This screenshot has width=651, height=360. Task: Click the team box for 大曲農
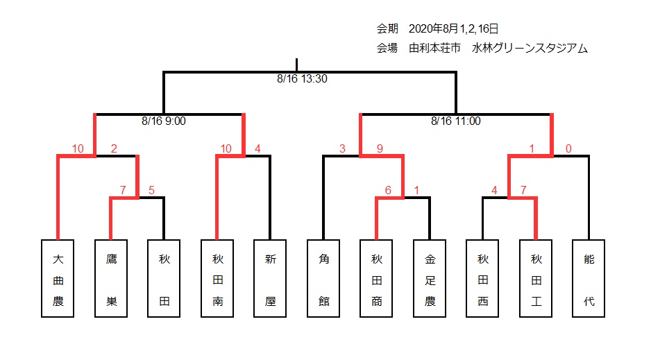(58, 278)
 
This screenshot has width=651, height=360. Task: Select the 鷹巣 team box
(111, 278)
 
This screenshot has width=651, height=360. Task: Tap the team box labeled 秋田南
(217, 278)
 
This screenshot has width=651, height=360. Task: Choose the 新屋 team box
(270, 278)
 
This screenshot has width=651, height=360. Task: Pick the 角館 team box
(323, 278)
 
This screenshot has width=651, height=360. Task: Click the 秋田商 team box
(376, 278)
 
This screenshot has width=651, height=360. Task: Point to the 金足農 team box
(430, 278)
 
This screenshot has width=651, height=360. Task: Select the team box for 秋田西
(482, 278)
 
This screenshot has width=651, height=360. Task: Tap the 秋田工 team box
(536, 278)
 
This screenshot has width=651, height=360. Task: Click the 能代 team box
(589, 278)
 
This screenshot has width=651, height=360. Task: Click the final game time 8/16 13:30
(303, 79)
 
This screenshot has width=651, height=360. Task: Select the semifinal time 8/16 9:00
(164, 121)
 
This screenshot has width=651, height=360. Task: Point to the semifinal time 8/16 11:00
(456, 121)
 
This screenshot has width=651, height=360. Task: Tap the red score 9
(380, 148)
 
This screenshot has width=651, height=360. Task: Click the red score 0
(568, 148)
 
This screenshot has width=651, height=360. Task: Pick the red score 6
(388, 190)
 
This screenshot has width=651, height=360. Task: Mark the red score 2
(114, 148)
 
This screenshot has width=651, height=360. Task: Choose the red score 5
(151, 190)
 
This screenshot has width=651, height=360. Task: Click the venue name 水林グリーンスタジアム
(530, 49)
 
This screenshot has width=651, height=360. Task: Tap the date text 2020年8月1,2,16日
(453, 28)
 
